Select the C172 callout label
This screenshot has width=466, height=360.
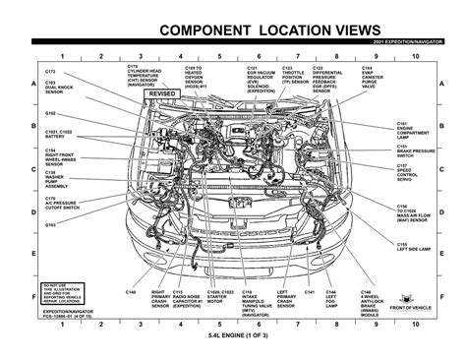pyautogui.click(x=51, y=74)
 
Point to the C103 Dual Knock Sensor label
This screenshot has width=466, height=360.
pyautogui.click(x=57, y=90)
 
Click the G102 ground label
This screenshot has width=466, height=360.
pyautogui.click(x=50, y=113)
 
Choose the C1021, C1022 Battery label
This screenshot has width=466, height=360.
pyautogui.click(x=60, y=133)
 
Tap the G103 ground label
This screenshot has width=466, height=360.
pyautogui.click(x=50, y=224)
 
